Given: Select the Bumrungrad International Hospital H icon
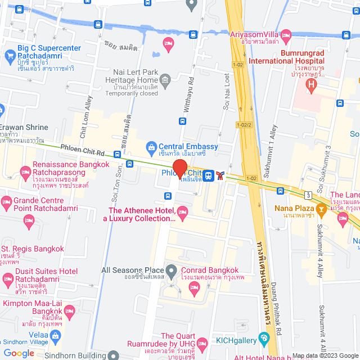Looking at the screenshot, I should tap(309, 85).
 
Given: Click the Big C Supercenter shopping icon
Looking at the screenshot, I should tap(10, 55).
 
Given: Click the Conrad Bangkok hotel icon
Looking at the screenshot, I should tap(192, 288).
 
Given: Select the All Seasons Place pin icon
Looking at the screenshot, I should tap(172, 270).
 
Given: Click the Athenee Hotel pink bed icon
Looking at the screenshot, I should tap(182, 211).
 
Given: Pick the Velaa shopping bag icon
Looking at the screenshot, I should tap(55, 336).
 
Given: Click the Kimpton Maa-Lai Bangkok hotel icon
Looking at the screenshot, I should tap(70, 310).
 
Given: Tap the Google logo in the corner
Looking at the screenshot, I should tap(19, 353).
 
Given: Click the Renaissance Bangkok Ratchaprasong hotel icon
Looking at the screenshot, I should tap(25, 171).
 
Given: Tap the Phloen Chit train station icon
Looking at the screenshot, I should tap(208, 175).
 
